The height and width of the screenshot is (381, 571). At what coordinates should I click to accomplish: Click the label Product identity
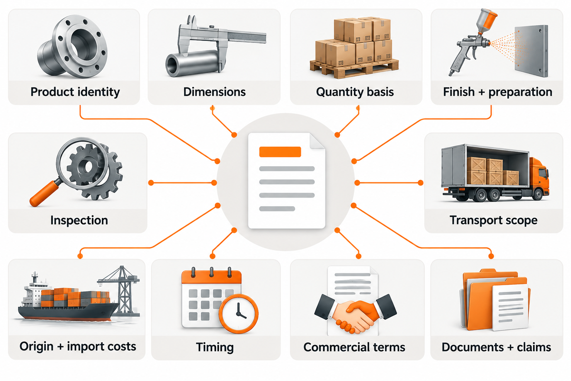(x=75, y=92)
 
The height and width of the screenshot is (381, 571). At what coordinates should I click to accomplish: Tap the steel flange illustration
(x=72, y=46)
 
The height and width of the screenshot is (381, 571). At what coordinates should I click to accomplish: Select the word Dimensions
(x=215, y=92)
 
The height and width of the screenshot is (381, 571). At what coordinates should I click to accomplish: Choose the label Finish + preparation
(x=498, y=92)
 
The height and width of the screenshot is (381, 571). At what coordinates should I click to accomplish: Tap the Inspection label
(x=79, y=220)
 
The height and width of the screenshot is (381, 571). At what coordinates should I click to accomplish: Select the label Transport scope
(x=493, y=220)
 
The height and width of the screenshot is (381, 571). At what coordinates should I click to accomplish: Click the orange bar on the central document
(x=280, y=151)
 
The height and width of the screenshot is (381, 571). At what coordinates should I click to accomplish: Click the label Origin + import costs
(x=78, y=347)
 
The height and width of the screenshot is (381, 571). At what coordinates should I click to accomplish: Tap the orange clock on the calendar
(x=238, y=313)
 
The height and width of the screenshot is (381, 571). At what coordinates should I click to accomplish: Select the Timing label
(x=215, y=347)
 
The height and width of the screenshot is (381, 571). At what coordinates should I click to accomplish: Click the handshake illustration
(x=355, y=314)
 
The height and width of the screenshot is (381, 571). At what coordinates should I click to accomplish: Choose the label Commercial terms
(x=354, y=347)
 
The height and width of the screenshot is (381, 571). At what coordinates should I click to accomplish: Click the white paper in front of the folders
(x=510, y=308)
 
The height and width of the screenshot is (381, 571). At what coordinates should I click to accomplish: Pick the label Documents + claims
(x=496, y=347)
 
